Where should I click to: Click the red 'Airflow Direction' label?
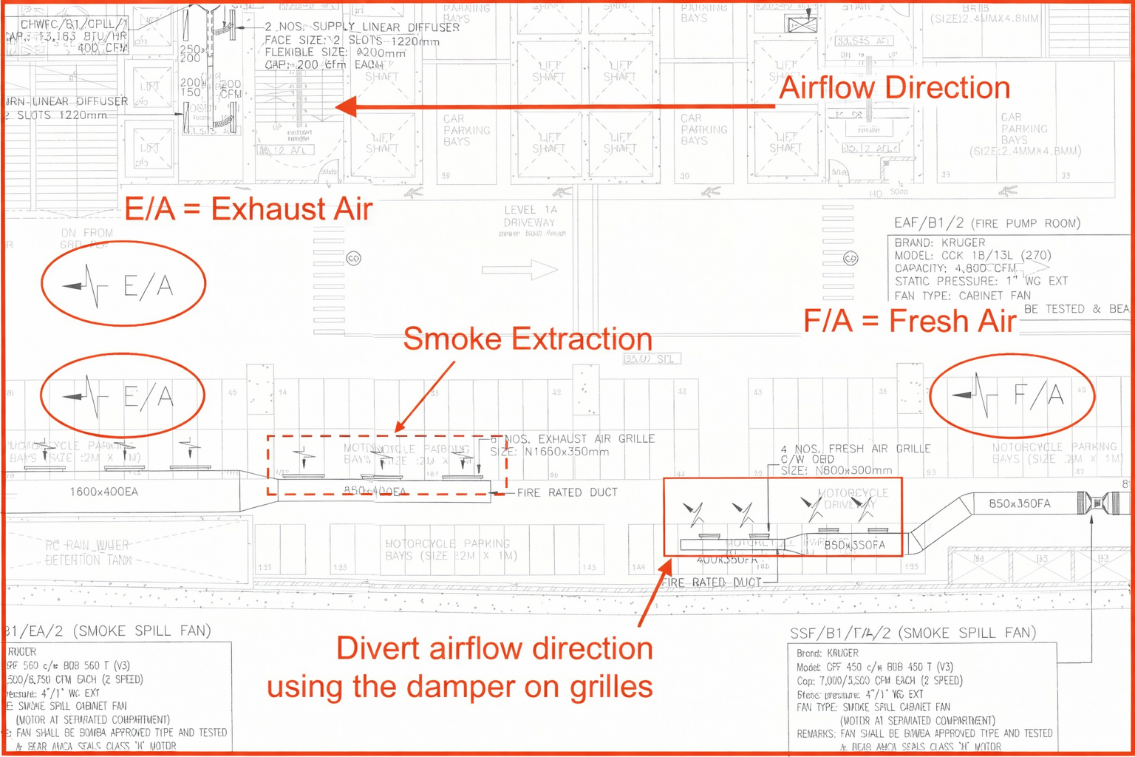click(894, 88)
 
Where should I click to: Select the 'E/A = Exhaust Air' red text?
click(248, 209)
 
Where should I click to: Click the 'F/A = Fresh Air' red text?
click(910, 321)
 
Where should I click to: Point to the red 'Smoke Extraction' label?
click(528, 339)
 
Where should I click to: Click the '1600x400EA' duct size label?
click(103, 492)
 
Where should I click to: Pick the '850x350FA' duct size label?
click(1019, 504)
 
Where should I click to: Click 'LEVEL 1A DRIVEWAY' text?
click(530, 216)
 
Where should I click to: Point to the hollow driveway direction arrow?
click(519, 270)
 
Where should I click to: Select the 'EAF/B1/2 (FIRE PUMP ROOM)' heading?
click(986, 223)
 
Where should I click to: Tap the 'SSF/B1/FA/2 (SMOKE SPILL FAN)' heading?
click(913, 634)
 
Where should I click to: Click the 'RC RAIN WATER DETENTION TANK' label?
click(87, 552)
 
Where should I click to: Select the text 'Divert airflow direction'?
click(494, 648)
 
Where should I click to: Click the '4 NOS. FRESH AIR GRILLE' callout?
click(855, 449)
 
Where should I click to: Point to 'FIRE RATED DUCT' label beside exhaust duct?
click(567, 492)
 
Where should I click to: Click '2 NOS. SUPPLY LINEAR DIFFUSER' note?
click(362, 27)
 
